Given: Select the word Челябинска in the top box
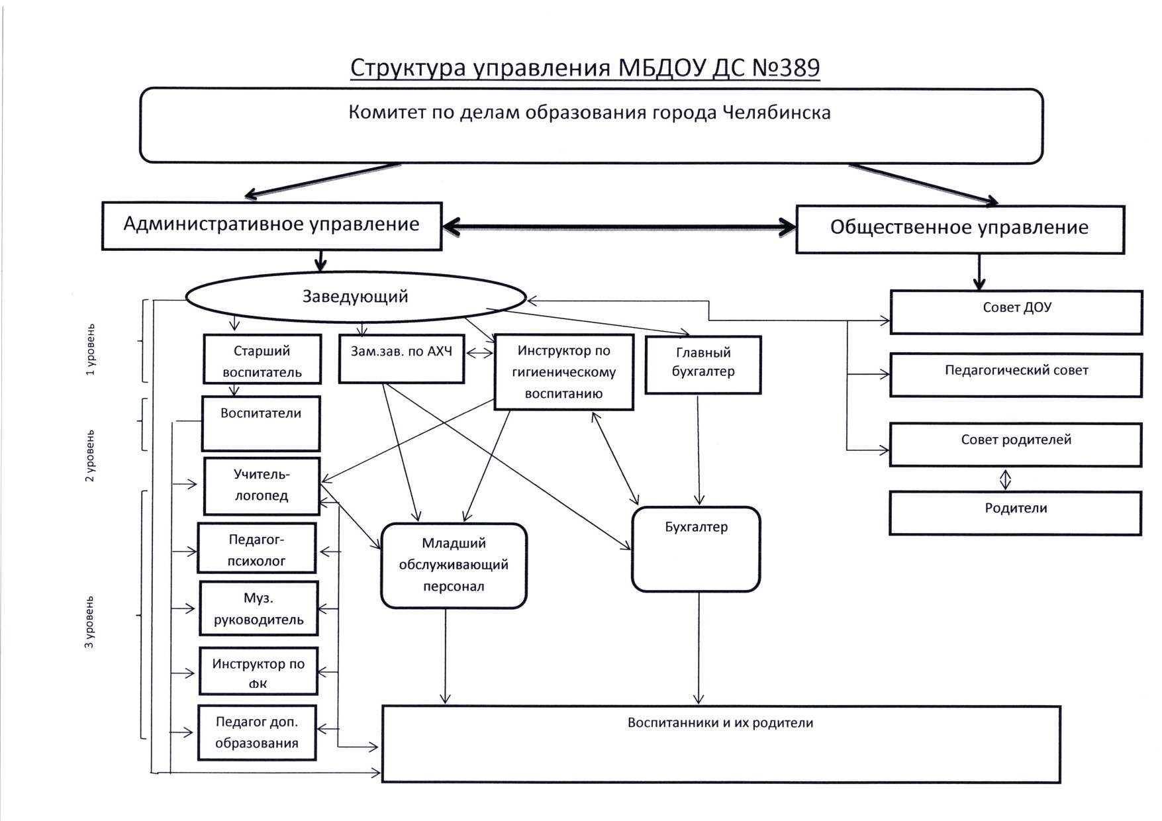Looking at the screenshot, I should click(776, 113).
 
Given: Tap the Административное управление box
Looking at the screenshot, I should click(271, 226).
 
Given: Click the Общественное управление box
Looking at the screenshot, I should click(959, 229).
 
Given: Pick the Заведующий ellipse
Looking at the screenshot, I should click(356, 297).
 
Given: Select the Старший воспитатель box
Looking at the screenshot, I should click(262, 360).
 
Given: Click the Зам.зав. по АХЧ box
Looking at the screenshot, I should click(401, 359).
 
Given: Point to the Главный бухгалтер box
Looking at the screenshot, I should click(703, 365).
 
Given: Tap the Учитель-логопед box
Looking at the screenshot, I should click(262, 486).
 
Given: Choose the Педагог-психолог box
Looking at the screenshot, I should click(257, 548).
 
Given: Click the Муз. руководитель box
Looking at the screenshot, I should click(258, 608).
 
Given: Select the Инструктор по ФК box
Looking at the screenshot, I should click(258, 671).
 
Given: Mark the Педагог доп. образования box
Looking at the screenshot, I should click(257, 732).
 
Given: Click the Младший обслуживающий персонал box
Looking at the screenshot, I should click(454, 565).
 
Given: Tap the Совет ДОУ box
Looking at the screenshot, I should click(1016, 311).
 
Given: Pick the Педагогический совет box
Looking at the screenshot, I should click(1016, 375).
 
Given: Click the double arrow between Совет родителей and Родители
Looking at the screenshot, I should click(1005, 479).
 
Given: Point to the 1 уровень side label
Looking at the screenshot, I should click(91, 350).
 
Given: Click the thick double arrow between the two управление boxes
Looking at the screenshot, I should click(618, 227).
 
